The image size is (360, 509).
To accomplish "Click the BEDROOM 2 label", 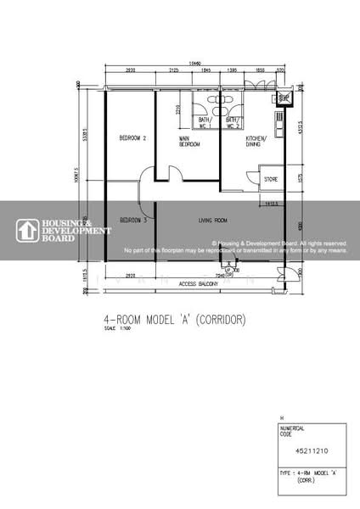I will (x=133, y=138).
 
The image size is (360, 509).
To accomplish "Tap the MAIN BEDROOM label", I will (x=188, y=142).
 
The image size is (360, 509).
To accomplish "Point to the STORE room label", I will (x=271, y=180).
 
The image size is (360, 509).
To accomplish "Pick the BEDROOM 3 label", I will (x=133, y=221).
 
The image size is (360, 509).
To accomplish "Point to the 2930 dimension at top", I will (x=131, y=70).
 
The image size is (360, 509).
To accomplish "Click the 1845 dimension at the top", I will (x=206, y=70).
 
